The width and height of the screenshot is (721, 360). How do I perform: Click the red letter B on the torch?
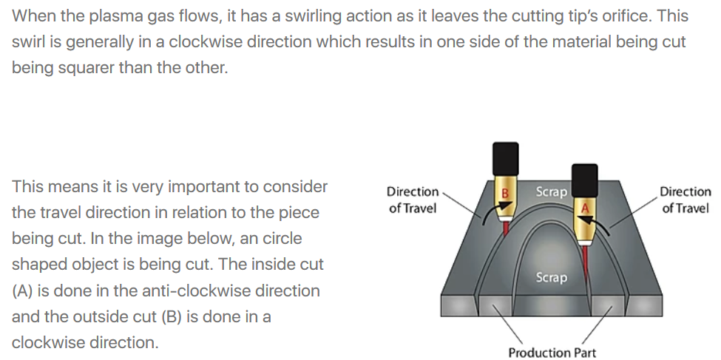pos(505,194)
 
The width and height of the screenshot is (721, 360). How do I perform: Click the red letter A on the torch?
pos(585,208)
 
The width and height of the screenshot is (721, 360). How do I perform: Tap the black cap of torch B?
pos(506,159)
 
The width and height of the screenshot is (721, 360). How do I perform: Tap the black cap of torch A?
pos(585,180)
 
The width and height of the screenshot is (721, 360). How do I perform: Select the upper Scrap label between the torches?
pos(552,191)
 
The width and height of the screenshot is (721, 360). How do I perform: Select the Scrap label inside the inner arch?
pos(552,278)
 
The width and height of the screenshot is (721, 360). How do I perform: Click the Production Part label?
pos(552,353)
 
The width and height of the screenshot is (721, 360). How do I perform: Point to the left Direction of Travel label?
pos(413,200)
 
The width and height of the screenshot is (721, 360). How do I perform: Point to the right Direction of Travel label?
pos(685,200)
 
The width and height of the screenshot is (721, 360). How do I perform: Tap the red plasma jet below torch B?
pos(506,229)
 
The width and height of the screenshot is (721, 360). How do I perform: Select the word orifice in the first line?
pos(631,16)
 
